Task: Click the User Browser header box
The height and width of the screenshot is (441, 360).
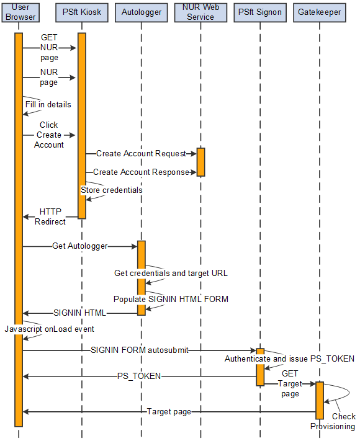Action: point(20,12)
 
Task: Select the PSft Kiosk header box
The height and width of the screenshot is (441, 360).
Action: point(82,12)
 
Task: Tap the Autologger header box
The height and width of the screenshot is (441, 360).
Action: point(142,12)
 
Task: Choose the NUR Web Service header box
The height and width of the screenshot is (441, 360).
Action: point(200,12)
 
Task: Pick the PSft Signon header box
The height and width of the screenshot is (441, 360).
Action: point(260,12)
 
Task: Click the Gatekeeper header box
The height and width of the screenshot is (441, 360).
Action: point(320,12)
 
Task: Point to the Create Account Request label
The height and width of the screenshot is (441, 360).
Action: point(141,153)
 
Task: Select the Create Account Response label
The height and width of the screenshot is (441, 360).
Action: point(141,172)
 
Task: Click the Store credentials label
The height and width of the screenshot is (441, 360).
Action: point(112,190)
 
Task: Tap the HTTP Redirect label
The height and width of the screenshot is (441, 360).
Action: point(50,216)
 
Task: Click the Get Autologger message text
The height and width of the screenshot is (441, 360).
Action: point(79,246)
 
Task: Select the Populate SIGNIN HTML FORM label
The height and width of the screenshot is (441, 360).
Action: point(171,299)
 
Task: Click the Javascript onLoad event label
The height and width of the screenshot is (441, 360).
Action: point(49,329)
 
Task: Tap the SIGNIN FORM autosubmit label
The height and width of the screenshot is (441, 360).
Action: point(139,350)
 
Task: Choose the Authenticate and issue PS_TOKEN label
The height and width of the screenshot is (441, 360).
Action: point(289,359)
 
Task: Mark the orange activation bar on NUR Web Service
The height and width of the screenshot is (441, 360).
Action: point(200,162)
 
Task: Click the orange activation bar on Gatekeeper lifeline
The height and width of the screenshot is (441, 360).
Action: point(320,400)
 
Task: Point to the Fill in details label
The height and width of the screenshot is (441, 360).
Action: point(48,104)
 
